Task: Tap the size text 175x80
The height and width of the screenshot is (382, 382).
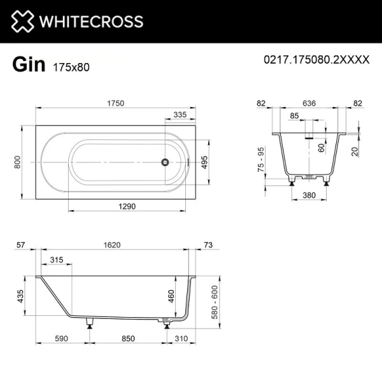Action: pyautogui.click(x=67, y=66)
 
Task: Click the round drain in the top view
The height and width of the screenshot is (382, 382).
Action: pyautogui.click(x=165, y=162)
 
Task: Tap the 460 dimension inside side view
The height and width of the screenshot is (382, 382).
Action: pyautogui.click(x=171, y=296)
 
